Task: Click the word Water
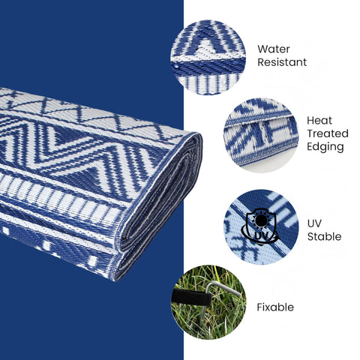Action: (x=274, y=49)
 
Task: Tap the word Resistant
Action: (x=282, y=62)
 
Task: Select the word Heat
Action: (x=319, y=121)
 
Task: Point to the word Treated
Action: (x=328, y=133)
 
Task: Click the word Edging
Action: (x=325, y=147)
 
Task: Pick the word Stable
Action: (x=324, y=236)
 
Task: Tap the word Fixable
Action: (x=275, y=307)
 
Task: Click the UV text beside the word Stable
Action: (x=314, y=223)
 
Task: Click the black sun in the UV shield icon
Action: (x=261, y=220)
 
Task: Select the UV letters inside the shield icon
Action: (x=262, y=235)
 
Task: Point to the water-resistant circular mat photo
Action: (x=208, y=58)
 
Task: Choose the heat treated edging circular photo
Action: (x=261, y=135)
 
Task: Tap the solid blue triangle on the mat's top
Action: (x=66, y=136)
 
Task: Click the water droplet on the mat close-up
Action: (x=177, y=65)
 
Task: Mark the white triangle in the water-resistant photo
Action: (x=208, y=48)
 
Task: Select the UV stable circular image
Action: (x=261, y=227)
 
